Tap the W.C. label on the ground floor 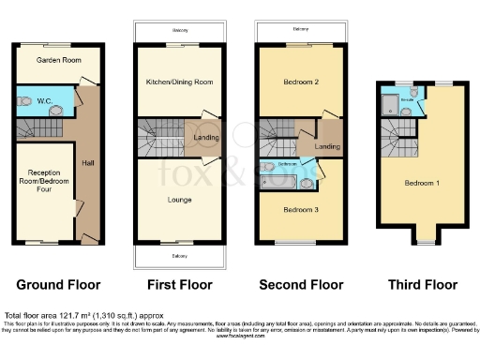44,100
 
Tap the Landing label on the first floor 206,141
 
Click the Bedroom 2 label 302,82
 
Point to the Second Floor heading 301,284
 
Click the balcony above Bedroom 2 301,31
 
